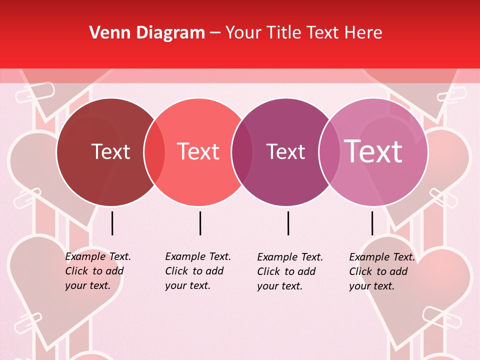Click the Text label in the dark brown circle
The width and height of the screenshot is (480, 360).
coord(110,151)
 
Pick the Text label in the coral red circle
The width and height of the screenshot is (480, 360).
coord(198,151)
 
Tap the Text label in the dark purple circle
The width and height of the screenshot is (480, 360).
coord(285,152)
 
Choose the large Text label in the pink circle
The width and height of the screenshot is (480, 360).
coord(373,151)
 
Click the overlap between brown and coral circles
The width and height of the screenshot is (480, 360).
coord(154,152)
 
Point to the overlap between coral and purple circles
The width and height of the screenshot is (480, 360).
coord(242,152)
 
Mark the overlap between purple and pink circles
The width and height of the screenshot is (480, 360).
coord(328,152)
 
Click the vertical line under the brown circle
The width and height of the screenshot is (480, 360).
coord(112,223)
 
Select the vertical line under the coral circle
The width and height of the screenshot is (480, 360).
coord(200,223)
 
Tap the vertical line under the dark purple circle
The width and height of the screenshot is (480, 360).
coord(288,223)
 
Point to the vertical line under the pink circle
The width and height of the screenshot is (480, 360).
coord(372,223)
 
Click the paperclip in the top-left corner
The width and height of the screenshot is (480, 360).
coord(34,92)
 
